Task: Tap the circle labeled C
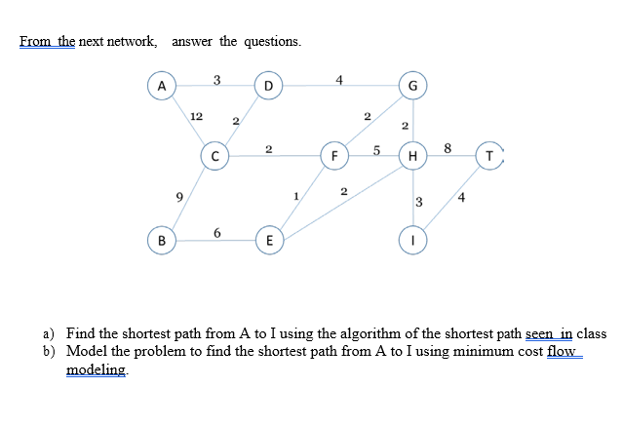pos(214,155)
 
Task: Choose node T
pos(489,155)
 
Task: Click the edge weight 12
pos(197,115)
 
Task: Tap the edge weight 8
pos(447,148)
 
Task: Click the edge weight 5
pos(376,149)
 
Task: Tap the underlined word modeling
pos(95,369)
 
